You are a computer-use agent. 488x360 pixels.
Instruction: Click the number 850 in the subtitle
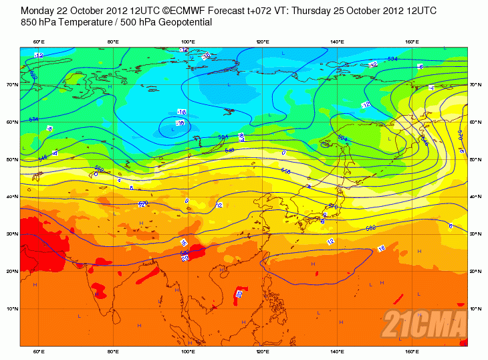[29, 22]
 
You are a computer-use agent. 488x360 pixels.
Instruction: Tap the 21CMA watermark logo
[424, 325]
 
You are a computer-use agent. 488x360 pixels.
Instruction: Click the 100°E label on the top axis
[188, 42]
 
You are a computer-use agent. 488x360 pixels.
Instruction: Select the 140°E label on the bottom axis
[338, 351]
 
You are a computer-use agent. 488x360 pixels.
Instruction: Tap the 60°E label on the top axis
[39, 42]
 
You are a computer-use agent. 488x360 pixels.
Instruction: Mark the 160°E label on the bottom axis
[412, 351]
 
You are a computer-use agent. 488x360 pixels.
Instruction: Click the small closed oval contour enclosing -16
[175, 124]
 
